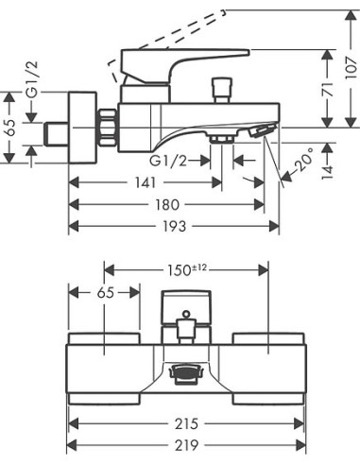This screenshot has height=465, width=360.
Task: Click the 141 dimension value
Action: (x=146, y=182)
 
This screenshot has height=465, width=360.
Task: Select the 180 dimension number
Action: (x=167, y=205)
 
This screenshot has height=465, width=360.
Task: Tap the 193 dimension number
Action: (x=174, y=226)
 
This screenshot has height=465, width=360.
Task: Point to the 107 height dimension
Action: (x=352, y=68)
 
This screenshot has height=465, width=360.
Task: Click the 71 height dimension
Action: (x=328, y=89)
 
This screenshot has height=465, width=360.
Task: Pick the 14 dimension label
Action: (x=328, y=171)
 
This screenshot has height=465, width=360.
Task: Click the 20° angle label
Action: (x=304, y=160)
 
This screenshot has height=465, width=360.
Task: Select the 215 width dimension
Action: (x=186, y=423)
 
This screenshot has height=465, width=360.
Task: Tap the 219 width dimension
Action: (x=186, y=445)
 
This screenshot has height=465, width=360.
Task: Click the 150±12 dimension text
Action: (x=186, y=270)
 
